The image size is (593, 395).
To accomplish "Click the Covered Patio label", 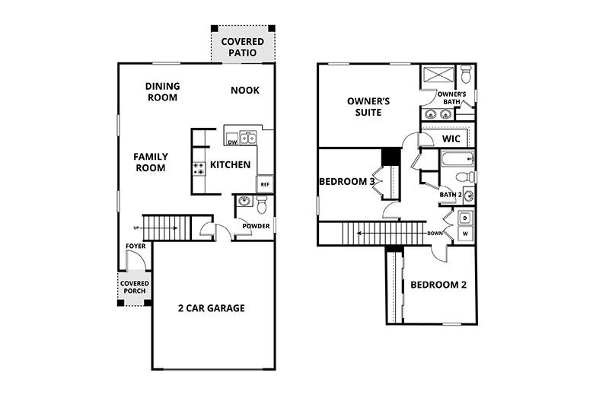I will tap(242, 47).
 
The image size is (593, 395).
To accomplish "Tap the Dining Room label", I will tap(161, 92).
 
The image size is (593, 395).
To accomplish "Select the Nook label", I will tap(245, 91).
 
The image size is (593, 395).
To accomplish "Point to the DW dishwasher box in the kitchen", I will tap(231, 142).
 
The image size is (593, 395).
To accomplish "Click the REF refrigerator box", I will tap(265, 184).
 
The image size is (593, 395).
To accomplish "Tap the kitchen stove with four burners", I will tap(199, 169).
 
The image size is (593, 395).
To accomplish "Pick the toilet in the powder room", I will tap(261, 204).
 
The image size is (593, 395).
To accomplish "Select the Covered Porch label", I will tap(134, 287).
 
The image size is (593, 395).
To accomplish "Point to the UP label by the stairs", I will tap(137, 228).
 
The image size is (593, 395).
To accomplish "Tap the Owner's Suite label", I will tap(364, 107).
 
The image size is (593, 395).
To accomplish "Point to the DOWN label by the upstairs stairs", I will tap(435, 233).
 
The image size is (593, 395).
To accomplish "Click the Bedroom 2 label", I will tap(438, 285).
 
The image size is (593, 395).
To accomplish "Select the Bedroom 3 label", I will tap(346, 181).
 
